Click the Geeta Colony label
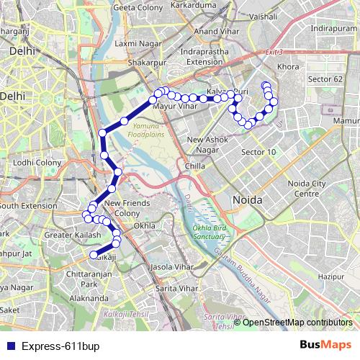pos(139,7)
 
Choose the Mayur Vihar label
pos(176,106)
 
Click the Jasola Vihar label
pos(168,266)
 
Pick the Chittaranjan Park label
pos(87,279)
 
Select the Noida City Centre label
pos(308,189)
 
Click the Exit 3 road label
pos(274,53)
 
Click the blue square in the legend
pos(9,346)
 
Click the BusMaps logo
pos(325,345)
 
